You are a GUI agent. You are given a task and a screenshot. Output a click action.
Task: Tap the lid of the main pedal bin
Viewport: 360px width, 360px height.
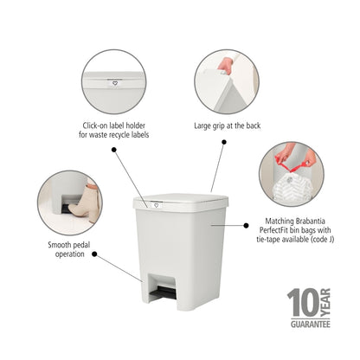[x=181, y=201]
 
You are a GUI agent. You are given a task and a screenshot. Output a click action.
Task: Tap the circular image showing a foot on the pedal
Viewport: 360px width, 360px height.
[x=68, y=202]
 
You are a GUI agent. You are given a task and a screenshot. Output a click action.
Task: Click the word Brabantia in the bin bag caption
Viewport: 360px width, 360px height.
[x=304, y=222]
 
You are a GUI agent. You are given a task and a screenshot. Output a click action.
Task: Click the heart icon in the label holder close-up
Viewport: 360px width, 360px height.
[x=115, y=84]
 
